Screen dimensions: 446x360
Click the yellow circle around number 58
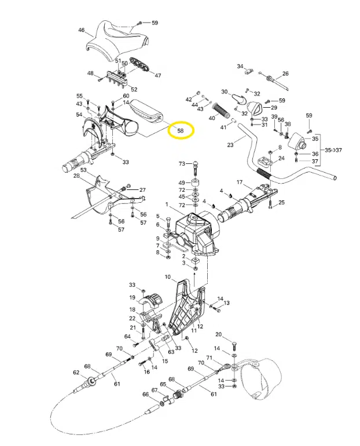click(x=181, y=131)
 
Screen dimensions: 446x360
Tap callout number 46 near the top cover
click(x=81, y=30)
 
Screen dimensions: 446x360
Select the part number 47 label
click(x=157, y=76)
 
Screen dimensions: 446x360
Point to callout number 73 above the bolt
click(x=181, y=164)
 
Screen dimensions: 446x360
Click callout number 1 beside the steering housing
click(x=167, y=204)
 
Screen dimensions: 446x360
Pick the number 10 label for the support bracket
click(x=167, y=277)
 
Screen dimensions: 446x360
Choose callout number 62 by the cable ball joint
click(x=75, y=373)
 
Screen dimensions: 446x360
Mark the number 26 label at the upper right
click(x=285, y=74)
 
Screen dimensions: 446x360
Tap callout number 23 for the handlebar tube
click(x=230, y=145)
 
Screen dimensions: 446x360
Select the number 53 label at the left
click(x=83, y=170)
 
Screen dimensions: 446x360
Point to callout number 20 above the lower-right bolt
click(x=219, y=335)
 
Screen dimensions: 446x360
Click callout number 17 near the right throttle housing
click(x=238, y=183)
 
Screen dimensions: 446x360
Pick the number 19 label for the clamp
click(x=132, y=298)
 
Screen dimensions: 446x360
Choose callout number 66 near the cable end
click(x=145, y=394)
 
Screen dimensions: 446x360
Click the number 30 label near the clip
click(x=224, y=92)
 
